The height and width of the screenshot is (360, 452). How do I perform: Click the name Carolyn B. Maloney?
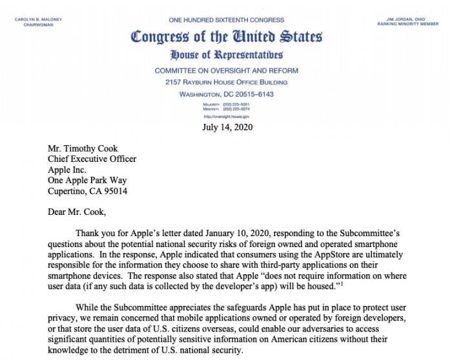pyautogui.click(x=38, y=19)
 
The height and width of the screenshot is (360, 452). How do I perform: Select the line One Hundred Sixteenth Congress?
pyautogui.click(x=226, y=21)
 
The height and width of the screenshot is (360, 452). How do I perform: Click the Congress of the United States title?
pyautogui.click(x=226, y=37)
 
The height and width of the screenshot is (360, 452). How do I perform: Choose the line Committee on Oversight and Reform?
pyautogui.click(x=225, y=70)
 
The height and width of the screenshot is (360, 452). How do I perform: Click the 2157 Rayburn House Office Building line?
pyautogui.click(x=225, y=82)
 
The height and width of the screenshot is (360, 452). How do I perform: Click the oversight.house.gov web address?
pyautogui.click(x=225, y=117)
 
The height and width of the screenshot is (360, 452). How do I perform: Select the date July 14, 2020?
pyautogui.click(x=226, y=127)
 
